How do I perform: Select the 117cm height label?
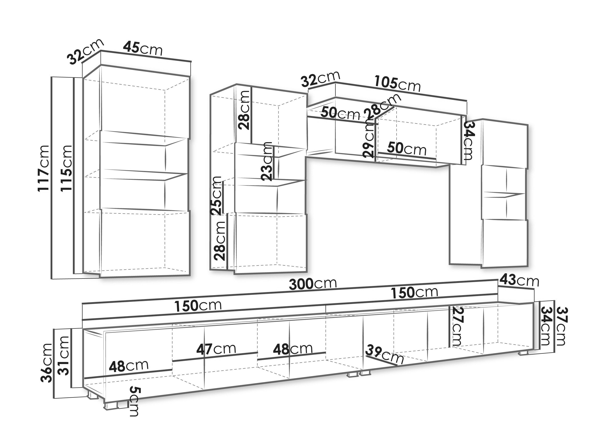click(44, 168)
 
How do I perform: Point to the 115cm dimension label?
click(66, 168)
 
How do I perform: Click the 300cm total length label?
click(313, 284)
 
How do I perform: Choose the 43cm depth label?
click(519, 281)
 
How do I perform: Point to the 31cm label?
click(63, 356)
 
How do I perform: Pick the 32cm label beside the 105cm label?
click(320, 79)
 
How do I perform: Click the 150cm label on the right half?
click(415, 293)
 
